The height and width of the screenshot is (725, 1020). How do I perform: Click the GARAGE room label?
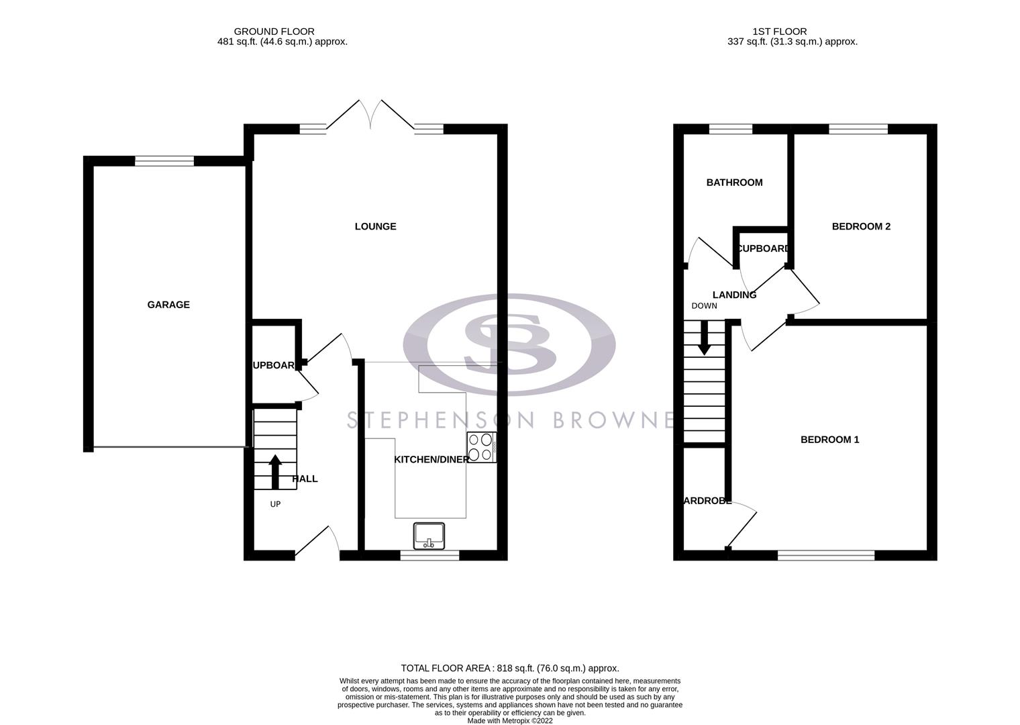click(168, 305)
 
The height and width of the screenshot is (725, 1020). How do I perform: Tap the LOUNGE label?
click(375, 226)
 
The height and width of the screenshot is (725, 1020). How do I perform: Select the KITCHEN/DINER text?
click(431, 460)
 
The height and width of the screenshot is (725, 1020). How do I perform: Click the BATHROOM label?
click(734, 183)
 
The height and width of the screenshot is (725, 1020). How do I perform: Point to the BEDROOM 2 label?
click(861, 226)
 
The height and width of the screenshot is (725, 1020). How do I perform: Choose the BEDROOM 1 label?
click(829, 440)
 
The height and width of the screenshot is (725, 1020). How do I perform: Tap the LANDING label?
click(734, 295)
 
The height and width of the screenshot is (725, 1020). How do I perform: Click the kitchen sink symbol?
click(429, 535)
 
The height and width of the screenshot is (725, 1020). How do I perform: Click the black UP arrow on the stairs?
click(275, 472)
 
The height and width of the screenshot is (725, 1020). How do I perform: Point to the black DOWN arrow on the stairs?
click(704, 338)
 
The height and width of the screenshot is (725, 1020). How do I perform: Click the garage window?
click(164, 160)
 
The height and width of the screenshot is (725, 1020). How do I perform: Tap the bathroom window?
click(731, 129)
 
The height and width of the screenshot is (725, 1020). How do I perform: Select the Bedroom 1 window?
click(826, 555)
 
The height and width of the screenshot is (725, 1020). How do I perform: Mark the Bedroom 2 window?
click(858, 129)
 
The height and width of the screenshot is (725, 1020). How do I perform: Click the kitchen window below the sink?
click(430, 555)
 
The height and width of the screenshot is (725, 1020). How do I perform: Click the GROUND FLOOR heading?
click(274, 32)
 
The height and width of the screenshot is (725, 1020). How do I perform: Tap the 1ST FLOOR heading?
click(779, 32)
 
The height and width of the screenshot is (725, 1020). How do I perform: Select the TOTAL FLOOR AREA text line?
click(509, 668)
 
